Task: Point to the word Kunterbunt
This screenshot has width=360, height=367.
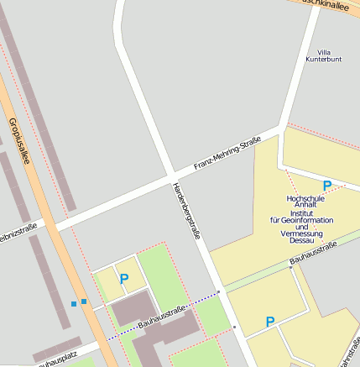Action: tap(324, 60)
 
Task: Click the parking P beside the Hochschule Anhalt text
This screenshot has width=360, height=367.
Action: tap(327, 186)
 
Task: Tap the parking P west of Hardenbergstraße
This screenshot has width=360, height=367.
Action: tap(124, 278)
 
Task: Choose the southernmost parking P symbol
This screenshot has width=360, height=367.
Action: tap(270, 322)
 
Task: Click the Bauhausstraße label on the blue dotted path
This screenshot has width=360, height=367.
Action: tap(161, 315)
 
